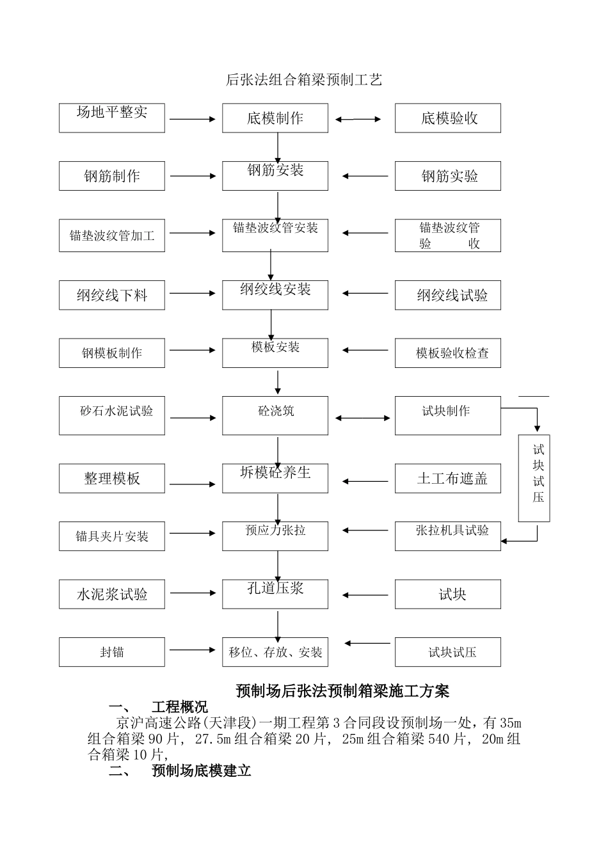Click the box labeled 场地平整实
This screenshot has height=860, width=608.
point(112,118)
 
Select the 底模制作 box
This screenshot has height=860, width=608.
point(275,118)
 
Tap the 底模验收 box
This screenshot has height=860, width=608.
point(448,118)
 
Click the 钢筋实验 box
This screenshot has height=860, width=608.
point(448,176)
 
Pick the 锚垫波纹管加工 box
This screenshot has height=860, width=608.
point(112,235)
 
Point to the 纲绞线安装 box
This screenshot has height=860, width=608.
point(275,295)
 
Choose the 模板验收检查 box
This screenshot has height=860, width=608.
point(448,353)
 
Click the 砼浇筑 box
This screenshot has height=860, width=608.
point(275,415)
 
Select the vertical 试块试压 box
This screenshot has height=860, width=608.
point(534,478)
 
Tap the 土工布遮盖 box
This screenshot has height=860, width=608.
point(448,478)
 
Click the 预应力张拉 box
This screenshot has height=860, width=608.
point(275,536)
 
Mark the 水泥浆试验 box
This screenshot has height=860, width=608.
point(112,594)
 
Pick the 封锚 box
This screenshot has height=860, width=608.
point(112,652)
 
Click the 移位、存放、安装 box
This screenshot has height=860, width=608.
point(275,652)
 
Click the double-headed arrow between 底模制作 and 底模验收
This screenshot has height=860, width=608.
point(358,119)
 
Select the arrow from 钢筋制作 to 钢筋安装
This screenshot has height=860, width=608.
point(193,176)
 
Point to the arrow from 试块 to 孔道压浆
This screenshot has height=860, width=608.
point(365,595)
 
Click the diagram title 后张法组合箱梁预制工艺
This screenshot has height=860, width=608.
point(304,79)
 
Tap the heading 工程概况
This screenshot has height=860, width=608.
point(180,707)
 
